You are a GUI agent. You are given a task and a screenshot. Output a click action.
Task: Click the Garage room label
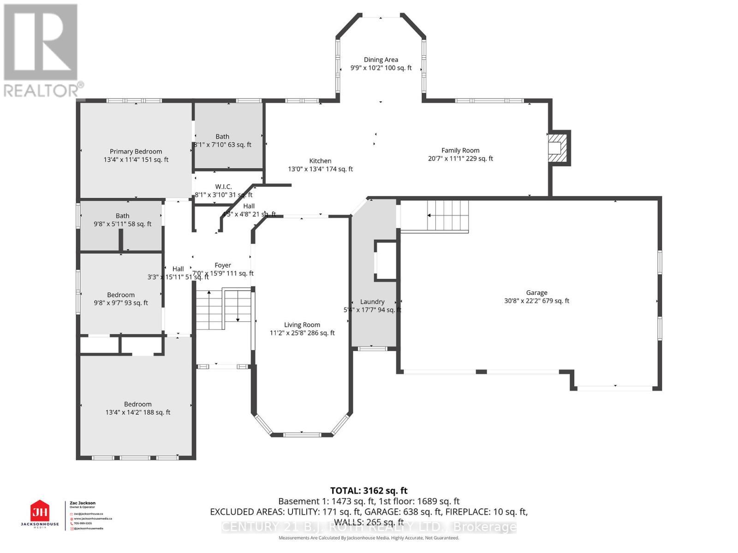[x=536, y=293]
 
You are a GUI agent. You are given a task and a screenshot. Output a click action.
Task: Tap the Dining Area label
[x=381, y=59]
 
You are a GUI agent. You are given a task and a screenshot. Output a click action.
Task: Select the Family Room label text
[x=460, y=150]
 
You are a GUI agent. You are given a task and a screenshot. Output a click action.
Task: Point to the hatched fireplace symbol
[x=557, y=148]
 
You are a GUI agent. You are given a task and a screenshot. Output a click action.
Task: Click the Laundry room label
[x=372, y=302]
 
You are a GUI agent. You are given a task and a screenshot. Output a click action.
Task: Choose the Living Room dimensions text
[x=302, y=333]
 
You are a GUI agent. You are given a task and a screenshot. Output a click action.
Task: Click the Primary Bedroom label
[x=136, y=151]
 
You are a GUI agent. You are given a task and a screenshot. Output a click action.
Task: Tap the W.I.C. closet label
[x=223, y=187]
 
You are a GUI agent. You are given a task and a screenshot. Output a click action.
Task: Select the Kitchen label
[x=320, y=161]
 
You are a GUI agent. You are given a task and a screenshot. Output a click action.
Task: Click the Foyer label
[x=223, y=265]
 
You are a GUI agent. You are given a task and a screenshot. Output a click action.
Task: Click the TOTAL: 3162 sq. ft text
[x=369, y=491]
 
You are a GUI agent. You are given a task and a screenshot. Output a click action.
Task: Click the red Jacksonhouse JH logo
[x=40, y=512]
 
